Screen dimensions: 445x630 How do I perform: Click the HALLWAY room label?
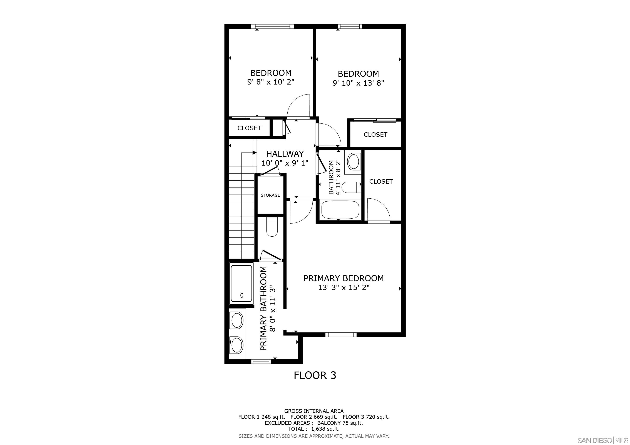click(x=285, y=154)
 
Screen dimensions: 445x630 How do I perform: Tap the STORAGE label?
click(x=270, y=195)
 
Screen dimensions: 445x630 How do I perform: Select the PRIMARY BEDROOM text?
click(x=343, y=278)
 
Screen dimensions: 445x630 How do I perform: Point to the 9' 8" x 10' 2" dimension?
click(x=271, y=82)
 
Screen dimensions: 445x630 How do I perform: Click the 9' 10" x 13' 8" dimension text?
click(x=358, y=83)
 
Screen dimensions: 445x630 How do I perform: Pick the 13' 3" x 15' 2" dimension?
click(x=343, y=287)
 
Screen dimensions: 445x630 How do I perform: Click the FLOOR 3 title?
click(x=315, y=375)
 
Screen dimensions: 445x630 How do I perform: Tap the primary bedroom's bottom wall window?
click(x=341, y=334)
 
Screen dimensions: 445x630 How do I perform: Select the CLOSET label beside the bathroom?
click(x=381, y=181)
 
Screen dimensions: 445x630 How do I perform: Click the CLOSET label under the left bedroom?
click(x=249, y=128)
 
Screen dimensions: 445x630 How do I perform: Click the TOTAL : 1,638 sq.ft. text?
click(x=314, y=429)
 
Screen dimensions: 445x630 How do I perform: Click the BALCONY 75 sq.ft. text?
click(x=340, y=423)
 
